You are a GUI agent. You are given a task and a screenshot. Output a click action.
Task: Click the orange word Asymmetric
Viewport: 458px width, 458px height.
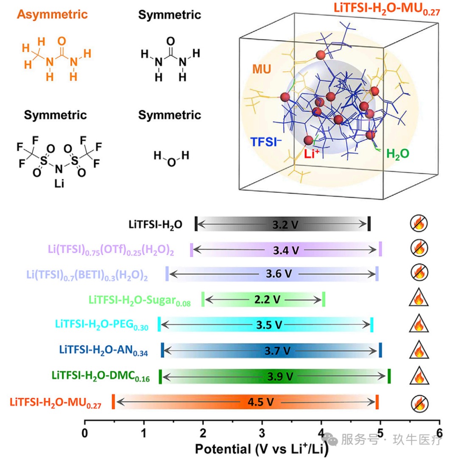[x=52, y=14]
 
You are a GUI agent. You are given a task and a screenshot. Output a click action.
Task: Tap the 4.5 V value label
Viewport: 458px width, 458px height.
[x=260, y=402]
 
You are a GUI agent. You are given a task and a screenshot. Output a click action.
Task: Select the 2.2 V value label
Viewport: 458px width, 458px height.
[x=267, y=299]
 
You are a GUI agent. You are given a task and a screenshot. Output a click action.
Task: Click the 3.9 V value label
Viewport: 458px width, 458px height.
[x=280, y=377]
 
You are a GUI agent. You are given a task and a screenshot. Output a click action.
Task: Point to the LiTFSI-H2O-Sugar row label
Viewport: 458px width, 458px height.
[x=140, y=301]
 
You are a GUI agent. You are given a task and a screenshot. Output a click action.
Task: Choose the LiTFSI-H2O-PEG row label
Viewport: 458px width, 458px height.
[x=102, y=325]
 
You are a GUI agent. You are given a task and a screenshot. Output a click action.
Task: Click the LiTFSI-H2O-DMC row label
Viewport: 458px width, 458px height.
[x=101, y=376]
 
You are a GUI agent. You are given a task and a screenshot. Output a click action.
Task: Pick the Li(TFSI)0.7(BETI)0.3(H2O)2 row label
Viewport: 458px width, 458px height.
[x=87, y=275]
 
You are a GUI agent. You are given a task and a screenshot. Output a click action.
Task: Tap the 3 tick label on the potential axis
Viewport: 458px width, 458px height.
[x=262, y=433]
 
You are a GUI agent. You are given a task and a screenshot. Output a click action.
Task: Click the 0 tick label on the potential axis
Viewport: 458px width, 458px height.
[x=85, y=433]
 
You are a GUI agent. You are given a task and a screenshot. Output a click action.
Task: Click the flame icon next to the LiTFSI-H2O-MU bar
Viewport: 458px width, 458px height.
[x=419, y=404]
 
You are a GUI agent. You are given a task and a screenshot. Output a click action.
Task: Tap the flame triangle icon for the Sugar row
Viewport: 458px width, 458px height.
[x=419, y=298]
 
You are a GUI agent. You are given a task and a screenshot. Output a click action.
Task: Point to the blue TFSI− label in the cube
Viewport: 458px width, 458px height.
[x=266, y=142]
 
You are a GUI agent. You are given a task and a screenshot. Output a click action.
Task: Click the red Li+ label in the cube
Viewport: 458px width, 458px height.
[x=311, y=154]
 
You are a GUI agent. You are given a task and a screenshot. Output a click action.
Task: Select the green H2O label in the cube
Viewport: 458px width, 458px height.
[x=397, y=154]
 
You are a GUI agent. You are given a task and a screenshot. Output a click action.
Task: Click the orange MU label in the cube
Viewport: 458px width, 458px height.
[x=262, y=69]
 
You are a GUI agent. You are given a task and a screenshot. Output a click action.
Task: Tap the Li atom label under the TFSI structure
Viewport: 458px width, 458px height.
[x=59, y=184]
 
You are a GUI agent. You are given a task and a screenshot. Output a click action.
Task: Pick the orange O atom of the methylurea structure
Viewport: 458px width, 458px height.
[x=61, y=41]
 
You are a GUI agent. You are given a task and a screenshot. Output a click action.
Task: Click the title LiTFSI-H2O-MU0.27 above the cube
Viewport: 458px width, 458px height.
[x=386, y=8]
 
